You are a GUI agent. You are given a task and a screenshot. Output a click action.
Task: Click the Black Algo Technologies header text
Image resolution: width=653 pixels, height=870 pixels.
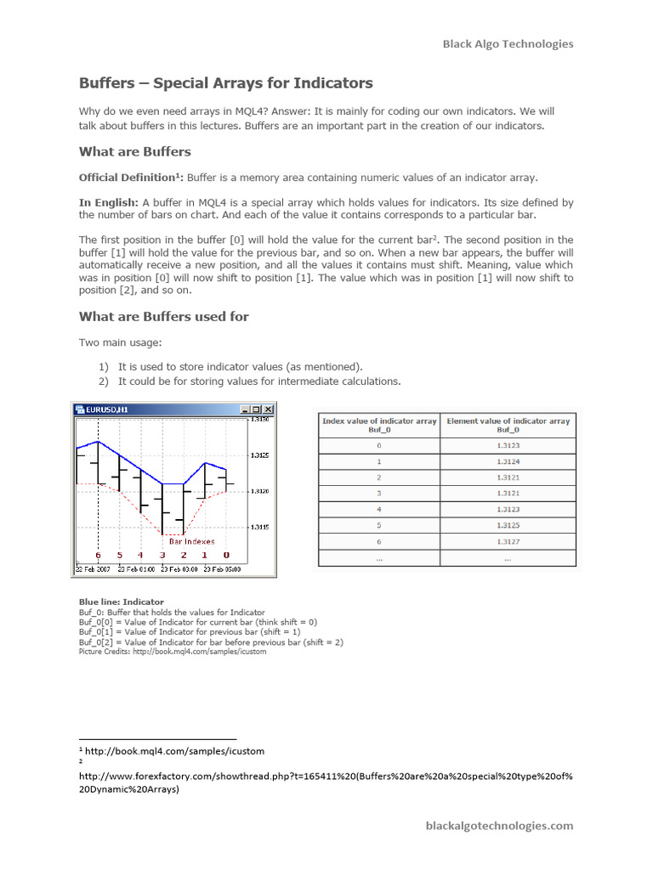pos(508,44)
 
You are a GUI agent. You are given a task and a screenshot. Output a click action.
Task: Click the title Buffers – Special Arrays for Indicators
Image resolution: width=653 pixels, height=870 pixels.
pos(225,83)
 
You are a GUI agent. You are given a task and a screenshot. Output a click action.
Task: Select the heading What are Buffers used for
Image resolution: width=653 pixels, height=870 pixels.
pos(163,316)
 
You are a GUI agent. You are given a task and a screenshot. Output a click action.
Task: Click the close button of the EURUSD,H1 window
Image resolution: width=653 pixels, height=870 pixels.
pos(268,409)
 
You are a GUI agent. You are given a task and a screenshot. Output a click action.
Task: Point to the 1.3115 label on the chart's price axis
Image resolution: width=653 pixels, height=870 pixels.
pos(259,527)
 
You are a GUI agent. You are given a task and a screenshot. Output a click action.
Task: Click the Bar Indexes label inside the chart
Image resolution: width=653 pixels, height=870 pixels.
pos(191,541)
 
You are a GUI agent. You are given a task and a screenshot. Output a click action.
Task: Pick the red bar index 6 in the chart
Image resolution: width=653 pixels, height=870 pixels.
pos(98,556)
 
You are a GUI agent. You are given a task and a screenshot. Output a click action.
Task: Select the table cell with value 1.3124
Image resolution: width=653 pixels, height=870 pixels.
pos(508,462)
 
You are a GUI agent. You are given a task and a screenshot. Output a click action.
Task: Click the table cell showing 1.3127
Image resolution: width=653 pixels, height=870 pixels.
pos(508,541)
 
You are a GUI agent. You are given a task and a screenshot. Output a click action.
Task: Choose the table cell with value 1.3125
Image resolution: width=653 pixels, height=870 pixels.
pos(508,525)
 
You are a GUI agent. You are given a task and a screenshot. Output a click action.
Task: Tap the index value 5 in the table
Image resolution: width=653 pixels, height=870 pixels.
pos(379,525)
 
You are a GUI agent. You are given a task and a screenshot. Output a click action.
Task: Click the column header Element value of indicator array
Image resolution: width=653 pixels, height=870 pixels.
pos(508,425)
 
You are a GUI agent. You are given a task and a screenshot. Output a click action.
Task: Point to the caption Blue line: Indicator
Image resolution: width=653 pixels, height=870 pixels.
pos(122,602)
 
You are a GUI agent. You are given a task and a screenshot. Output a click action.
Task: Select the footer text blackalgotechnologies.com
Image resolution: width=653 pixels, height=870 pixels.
pos(499,825)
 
